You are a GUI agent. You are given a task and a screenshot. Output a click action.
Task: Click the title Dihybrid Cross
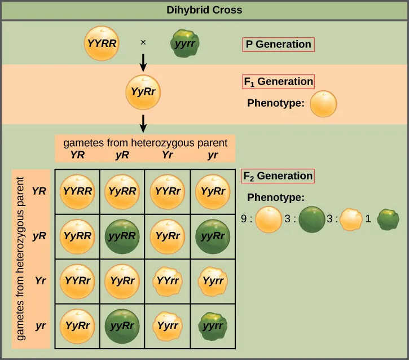click(204, 10)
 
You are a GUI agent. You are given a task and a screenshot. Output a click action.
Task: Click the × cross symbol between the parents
click(143, 42)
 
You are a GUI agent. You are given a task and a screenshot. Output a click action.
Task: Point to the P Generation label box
click(278, 44)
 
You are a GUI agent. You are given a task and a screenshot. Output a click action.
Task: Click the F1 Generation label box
click(278, 81)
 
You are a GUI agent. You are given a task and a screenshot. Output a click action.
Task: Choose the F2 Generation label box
click(278, 175)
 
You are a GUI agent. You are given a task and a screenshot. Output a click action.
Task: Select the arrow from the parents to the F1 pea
click(143, 62)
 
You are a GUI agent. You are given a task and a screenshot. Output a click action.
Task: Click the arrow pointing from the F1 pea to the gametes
click(143, 122)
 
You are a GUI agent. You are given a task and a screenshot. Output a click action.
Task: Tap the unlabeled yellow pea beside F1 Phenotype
click(324, 104)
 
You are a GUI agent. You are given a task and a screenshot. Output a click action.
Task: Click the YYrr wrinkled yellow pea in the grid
click(168, 280)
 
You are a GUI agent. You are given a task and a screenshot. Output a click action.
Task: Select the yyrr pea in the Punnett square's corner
click(213, 326)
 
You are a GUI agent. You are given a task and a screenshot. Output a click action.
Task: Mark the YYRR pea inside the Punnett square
click(77, 191)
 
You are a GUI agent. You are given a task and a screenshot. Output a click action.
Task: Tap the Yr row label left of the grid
click(39, 280)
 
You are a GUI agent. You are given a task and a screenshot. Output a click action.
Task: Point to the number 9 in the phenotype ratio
click(244, 219)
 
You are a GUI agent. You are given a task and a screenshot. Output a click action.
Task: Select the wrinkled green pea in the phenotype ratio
click(388, 219)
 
